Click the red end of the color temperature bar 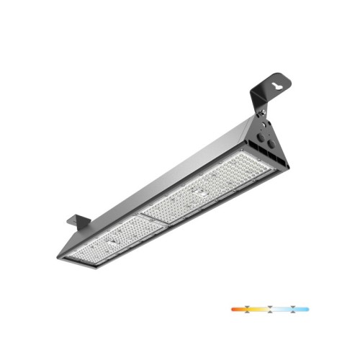(x=234, y=309)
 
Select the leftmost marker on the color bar (x=249, y=309)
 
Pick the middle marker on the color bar (x=269, y=309)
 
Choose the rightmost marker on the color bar (x=290, y=309)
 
